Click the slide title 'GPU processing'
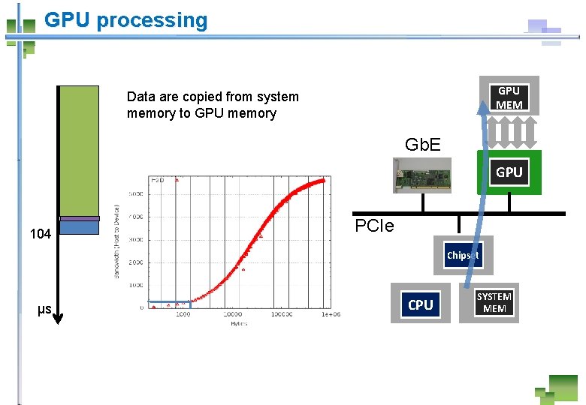pyautogui.click(x=125, y=20)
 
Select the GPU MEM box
pyautogui.click(x=509, y=97)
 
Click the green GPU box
pyautogui.click(x=509, y=172)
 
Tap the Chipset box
pyautogui.click(x=463, y=255)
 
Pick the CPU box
pyautogui.click(x=420, y=304)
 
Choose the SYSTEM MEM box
pyautogui.click(x=494, y=302)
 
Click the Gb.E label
pyautogui.click(x=422, y=144)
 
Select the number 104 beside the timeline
pyautogui.click(x=40, y=234)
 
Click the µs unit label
pyautogui.click(x=44, y=309)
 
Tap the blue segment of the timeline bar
pyautogui.click(x=79, y=227)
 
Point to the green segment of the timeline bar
pyautogui.click(x=79, y=150)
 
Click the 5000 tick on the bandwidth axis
pyautogui.click(x=136, y=194)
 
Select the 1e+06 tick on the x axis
pyautogui.click(x=331, y=314)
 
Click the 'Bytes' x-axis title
pyautogui.click(x=238, y=322)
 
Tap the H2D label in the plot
pyautogui.click(x=158, y=181)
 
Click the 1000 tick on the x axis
pyautogui.click(x=183, y=314)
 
